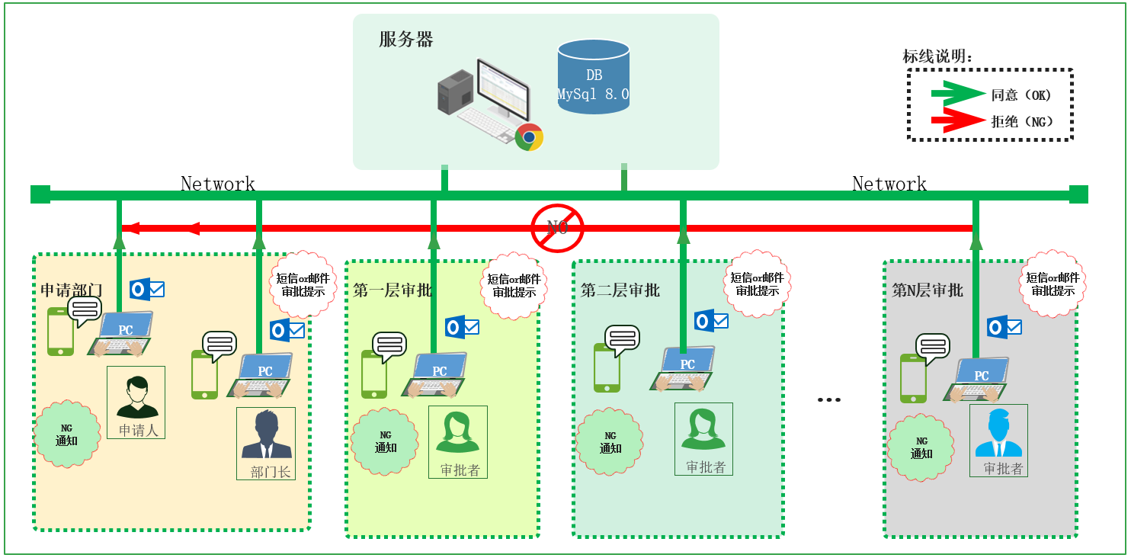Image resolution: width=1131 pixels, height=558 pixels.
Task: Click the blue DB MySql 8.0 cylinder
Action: tap(593, 77)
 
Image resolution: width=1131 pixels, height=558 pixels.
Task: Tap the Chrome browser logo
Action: tap(529, 137)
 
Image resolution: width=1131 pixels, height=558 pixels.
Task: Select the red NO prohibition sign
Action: tap(557, 228)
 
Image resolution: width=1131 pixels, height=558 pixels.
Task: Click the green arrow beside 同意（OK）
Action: tap(958, 94)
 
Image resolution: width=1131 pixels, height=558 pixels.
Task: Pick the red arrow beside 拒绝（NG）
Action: tap(958, 120)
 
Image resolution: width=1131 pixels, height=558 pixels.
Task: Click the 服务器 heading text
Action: tap(406, 40)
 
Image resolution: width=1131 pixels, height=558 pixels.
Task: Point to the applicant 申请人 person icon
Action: tap(137, 397)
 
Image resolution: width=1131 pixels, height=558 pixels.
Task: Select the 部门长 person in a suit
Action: tap(267, 435)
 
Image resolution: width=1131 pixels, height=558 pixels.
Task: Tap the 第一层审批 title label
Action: tap(392, 290)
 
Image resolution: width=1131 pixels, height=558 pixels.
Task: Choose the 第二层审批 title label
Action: tap(620, 290)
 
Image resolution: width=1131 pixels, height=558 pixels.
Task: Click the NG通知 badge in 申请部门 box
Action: tap(66, 435)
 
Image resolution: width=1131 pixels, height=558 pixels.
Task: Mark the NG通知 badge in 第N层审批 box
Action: tap(921, 447)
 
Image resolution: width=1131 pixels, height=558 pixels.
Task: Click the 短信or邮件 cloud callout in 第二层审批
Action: tap(757, 284)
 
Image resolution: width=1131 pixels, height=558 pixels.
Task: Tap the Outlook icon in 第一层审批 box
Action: tap(462, 327)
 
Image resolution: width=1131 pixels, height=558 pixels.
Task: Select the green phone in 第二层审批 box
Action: tap(607, 367)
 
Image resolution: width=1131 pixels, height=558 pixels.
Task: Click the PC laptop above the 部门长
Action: tap(261, 375)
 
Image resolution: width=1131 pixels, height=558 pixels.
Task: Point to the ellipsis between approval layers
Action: tap(829, 400)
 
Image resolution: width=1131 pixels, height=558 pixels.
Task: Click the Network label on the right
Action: tap(889, 183)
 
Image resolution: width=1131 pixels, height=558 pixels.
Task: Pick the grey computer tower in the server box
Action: tap(456, 92)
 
